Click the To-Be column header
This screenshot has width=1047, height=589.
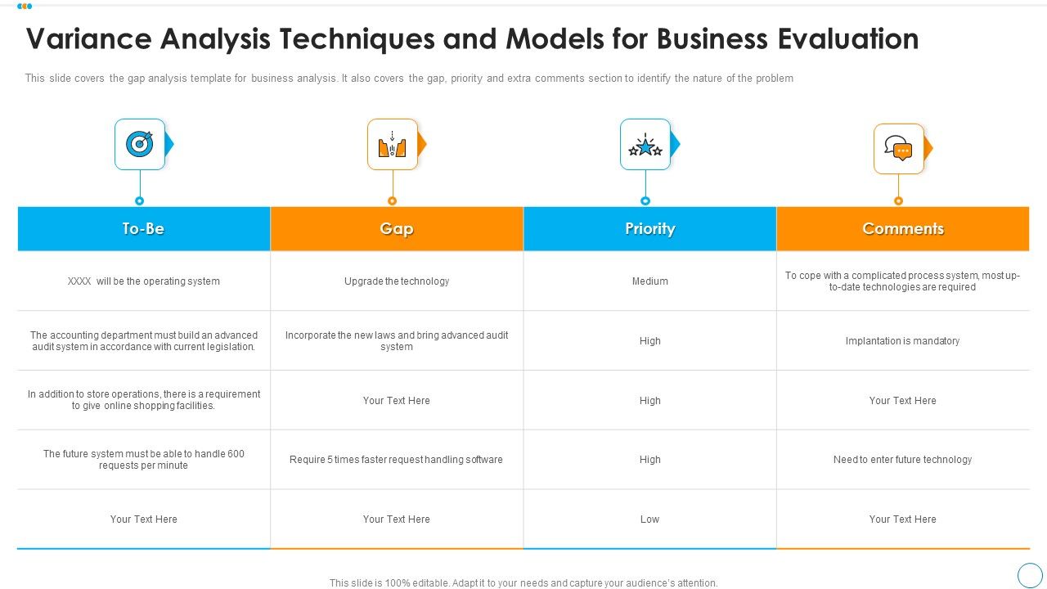point(143,229)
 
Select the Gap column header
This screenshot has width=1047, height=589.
point(397,229)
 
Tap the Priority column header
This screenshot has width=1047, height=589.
point(649,229)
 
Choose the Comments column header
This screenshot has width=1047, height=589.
point(903,229)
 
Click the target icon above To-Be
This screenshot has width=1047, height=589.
point(140,145)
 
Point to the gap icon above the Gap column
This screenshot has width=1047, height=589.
point(393,145)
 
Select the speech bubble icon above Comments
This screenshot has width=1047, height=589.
point(898,150)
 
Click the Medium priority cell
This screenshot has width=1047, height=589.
point(650,281)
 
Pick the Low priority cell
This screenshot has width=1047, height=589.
point(650,519)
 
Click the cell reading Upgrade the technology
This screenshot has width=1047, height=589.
point(397,281)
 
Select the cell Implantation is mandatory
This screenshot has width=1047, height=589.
point(903,341)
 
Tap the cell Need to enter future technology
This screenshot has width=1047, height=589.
point(903,460)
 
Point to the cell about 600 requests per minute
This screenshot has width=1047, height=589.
point(144,460)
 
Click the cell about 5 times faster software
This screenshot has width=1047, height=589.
point(397,460)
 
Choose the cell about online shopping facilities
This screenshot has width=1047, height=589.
point(144,400)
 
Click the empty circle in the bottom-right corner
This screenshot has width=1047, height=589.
point(1030,574)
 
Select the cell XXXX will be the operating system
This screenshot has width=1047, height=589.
point(144,281)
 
